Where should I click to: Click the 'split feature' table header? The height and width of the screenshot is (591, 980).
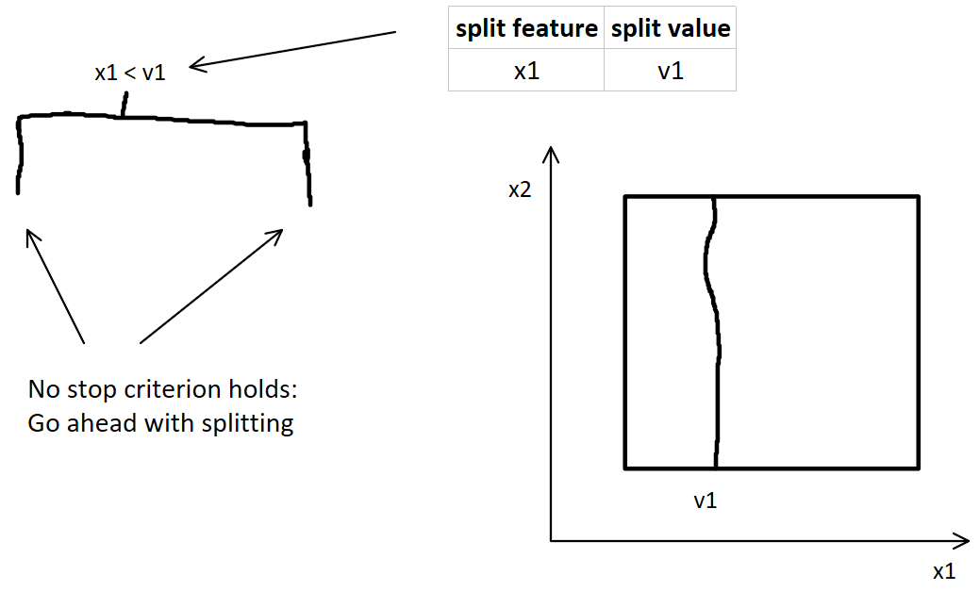point(526,29)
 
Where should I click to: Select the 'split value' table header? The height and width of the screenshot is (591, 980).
point(670,29)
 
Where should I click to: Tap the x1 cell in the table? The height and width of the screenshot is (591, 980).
point(526,71)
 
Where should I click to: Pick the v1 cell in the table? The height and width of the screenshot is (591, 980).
point(670,71)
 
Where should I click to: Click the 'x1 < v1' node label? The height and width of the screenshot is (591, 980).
point(130,73)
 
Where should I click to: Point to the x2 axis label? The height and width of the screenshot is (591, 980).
point(520,189)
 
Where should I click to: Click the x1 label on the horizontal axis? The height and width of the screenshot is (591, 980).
point(944,571)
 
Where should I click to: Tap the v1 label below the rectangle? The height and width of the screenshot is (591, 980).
point(706,501)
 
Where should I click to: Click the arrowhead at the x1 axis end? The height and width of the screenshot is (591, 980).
point(964,540)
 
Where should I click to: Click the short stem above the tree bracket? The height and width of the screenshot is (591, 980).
point(123,105)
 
